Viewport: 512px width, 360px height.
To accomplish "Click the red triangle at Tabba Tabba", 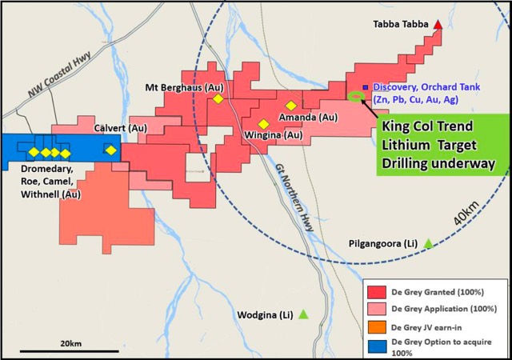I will click(x=438, y=25).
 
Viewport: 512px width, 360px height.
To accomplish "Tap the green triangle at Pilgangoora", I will click(x=428, y=243).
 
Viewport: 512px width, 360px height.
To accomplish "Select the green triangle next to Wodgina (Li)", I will click(x=303, y=314).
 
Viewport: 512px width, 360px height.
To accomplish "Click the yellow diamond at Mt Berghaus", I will click(x=217, y=99).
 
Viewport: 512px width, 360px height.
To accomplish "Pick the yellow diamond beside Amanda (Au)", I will click(x=291, y=105).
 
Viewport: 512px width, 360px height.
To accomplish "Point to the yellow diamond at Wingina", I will click(x=263, y=123).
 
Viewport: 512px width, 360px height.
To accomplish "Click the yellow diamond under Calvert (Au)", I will click(x=110, y=150).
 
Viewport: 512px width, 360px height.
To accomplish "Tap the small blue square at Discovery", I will click(x=366, y=87).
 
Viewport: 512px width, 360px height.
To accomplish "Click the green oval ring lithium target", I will click(x=356, y=98).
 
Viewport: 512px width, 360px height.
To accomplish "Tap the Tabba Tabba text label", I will click(x=402, y=25).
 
